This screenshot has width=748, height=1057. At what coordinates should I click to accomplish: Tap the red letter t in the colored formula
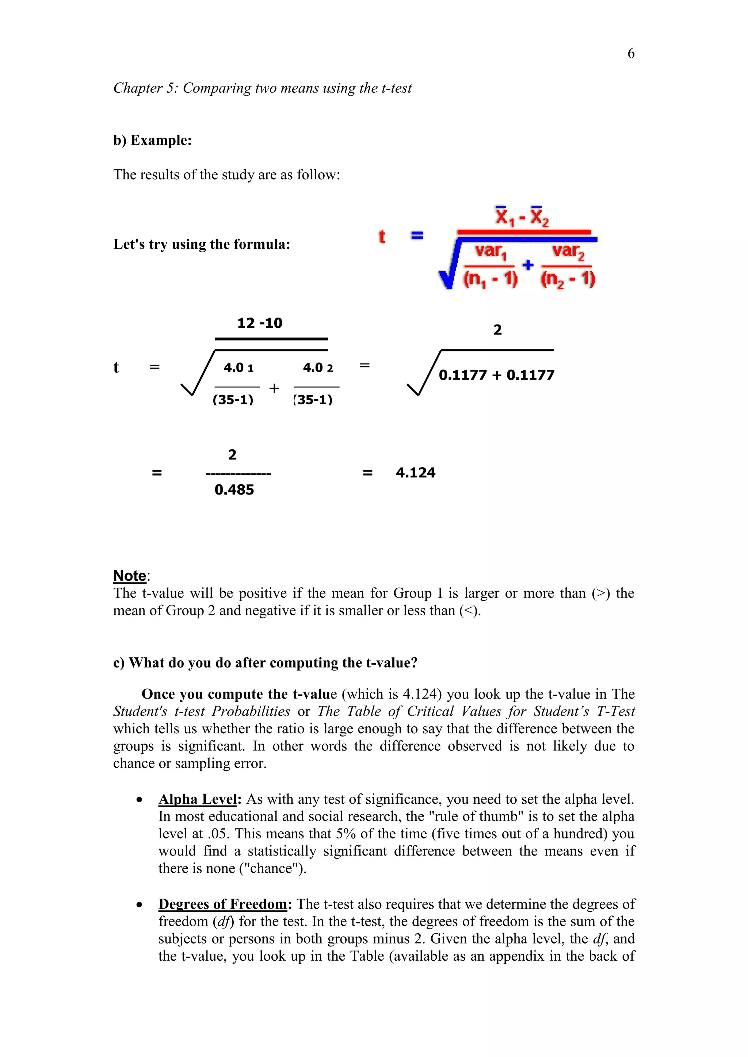click(382, 236)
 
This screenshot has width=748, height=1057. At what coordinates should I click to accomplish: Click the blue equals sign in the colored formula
click(416, 236)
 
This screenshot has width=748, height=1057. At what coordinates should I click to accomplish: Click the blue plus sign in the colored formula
click(528, 265)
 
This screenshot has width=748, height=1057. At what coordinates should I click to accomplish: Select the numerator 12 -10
click(260, 323)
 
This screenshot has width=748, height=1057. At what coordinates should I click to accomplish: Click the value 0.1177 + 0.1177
click(496, 375)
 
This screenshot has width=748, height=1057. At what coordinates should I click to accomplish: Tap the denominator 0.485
click(234, 490)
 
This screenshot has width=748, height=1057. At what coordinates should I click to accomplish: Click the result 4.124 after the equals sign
click(415, 473)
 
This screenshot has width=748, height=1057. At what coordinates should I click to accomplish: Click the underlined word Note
click(130, 576)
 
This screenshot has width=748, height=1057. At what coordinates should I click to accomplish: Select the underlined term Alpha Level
click(198, 799)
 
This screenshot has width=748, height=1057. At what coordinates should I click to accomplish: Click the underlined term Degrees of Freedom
click(223, 904)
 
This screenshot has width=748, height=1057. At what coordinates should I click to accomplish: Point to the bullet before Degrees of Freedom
click(139, 905)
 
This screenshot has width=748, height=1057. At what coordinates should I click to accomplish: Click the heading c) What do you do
click(265, 662)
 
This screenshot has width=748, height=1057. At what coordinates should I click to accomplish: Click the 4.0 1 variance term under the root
click(238, 368)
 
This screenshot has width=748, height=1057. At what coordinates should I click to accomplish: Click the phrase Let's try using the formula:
click(202, 244)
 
